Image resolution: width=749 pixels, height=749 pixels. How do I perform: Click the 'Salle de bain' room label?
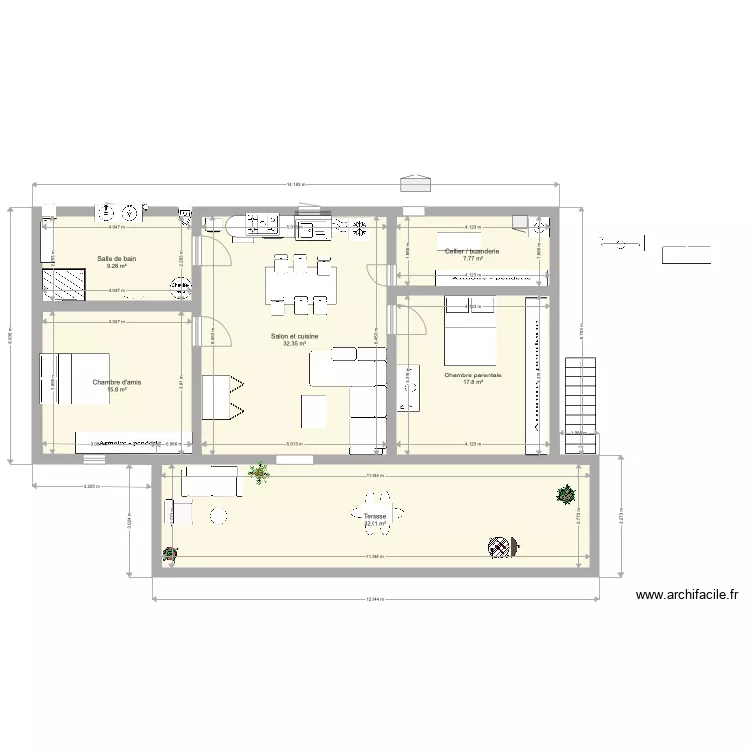pos(117,259)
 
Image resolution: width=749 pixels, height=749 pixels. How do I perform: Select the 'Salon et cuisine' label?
pos(294,337)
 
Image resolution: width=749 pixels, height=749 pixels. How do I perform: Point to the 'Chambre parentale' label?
pos(473,375)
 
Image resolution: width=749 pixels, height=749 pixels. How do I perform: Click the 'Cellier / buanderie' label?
pos(472,251)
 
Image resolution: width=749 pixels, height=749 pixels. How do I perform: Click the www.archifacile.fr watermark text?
pos(687,596)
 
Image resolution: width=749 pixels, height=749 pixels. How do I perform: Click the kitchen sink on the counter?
pos(317,229)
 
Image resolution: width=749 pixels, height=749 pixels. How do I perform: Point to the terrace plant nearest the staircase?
pos(566,493)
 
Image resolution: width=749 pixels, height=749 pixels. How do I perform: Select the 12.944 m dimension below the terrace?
pos(374,599)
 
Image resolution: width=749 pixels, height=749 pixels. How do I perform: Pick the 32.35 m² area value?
pos(294,344)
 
